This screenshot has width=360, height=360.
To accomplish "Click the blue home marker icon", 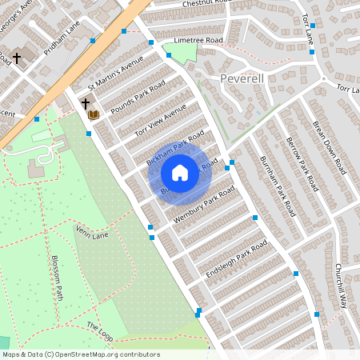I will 180,172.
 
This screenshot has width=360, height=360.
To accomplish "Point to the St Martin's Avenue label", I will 115,71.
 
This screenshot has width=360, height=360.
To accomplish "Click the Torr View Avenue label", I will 160,120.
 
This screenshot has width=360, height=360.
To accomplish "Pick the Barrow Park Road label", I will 302,164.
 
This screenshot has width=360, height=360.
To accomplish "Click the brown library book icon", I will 94,115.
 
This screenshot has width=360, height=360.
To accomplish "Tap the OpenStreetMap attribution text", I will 81,354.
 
